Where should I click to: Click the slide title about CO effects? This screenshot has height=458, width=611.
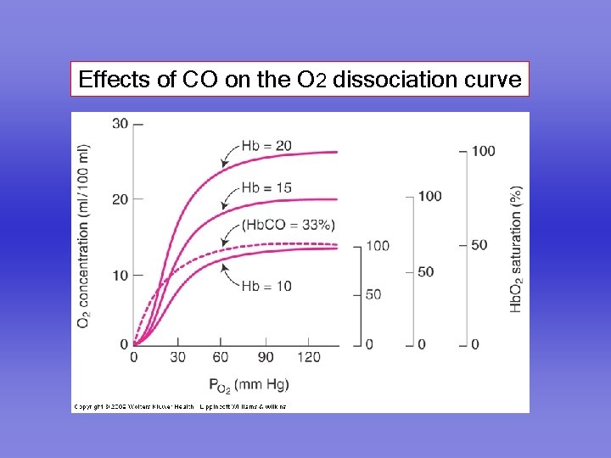[x=299, y=80]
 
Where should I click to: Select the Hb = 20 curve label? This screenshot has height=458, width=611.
[x=266, y=146]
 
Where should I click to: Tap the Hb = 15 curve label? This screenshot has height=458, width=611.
[x=266, y=187]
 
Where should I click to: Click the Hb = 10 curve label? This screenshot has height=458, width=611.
[x=266, y=286]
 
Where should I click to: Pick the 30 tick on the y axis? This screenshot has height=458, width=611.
[x=120, y=124]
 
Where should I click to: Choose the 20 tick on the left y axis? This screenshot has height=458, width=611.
[x=120, y=198]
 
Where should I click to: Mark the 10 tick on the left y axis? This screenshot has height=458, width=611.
[x=120, y=275]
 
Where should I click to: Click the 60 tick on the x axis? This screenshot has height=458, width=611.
[x=221, y=357]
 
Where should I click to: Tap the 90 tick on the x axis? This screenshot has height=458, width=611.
[x=266, y=357]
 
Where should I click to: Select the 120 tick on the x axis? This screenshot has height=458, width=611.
[x=309, y=357]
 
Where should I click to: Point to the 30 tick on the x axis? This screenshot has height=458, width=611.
[x=177, y=357]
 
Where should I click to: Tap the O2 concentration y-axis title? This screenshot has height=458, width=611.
[x=84, y=237]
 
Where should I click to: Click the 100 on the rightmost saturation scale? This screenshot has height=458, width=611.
[x=483, y=151]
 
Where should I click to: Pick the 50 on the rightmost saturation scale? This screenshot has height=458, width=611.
[x=479, y=245]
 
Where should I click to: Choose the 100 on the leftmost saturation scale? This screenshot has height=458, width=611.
[x=378, y=246]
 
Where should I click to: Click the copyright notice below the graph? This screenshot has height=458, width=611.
[x=180, y=407]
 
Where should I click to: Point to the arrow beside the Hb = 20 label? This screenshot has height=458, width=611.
[x=227, y=155]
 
